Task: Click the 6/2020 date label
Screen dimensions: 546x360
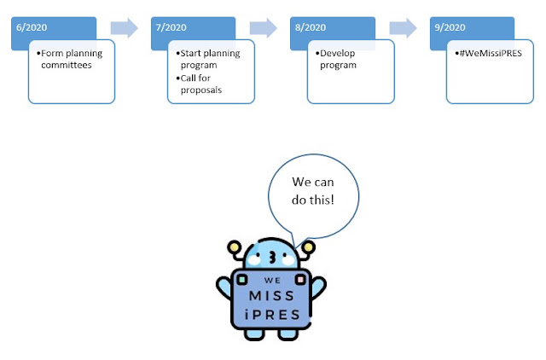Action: (32, 27)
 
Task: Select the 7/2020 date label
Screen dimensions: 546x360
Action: (171, 27)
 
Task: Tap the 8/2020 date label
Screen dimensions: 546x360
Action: (311, 27)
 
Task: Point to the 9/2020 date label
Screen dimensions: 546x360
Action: (450, 27)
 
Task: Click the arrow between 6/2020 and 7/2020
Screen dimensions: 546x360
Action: (124, 28)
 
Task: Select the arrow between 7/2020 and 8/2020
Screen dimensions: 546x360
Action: (264, 28)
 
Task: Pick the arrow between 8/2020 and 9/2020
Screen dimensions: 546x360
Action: (403, 28)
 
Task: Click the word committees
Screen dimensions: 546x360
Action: (67, 66)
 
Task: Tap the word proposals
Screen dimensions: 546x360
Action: (201, 90)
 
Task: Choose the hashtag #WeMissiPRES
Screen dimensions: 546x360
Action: (491, 53)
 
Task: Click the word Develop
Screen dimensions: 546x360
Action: (338, 54)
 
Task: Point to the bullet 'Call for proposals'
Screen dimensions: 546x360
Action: (199, 84)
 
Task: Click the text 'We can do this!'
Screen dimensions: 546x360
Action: (313, 191)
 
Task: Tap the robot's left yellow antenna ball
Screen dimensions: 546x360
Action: (234, 247)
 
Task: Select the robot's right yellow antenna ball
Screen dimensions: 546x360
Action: (308, 247)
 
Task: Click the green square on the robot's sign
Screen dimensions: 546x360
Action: (242, 279)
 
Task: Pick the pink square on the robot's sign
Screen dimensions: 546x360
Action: (300, 279)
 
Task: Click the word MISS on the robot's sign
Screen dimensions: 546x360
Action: (271, 296)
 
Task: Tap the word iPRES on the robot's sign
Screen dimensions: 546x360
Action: (272, 315)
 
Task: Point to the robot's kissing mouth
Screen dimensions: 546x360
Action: (271, 258)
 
